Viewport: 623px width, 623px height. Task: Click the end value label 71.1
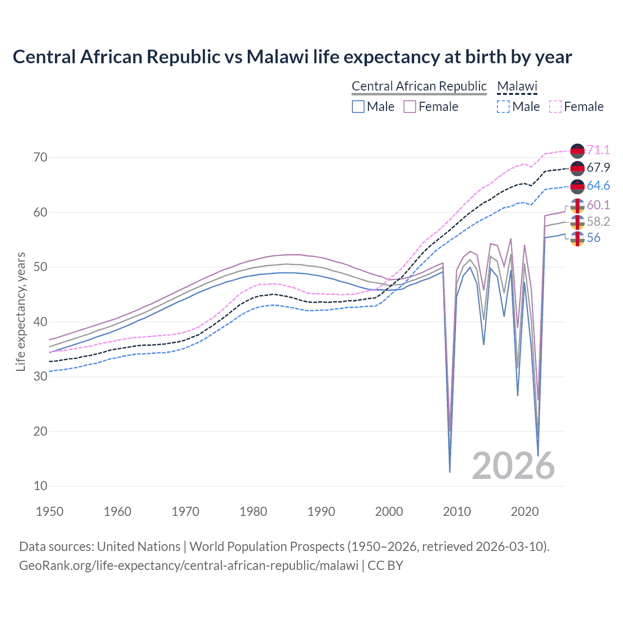[x=598, y=150]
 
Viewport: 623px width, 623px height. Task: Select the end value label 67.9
[x=598, y=168]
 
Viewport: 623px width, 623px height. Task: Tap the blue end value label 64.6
[x=598, y=186]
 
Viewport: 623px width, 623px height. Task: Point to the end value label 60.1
[x=598, y=205]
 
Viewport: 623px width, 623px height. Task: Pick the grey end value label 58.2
[x=598, y=222]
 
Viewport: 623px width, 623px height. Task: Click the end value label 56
[x=593, y=238]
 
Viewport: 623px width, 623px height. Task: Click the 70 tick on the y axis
[x=40, y=157]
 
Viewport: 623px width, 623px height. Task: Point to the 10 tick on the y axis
[x=40, y=486]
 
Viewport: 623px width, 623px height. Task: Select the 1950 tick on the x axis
[x=50, y=512]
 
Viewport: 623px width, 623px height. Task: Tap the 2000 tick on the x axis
[x=389, y=512]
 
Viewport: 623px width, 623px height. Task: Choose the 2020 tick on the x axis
[x=525, y=512]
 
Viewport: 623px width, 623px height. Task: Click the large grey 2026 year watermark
[x=513, y=466]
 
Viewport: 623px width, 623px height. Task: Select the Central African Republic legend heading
[x=419, y=86]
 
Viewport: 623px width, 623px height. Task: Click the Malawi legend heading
[x=517, y=86]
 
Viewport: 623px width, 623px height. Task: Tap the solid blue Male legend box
[x=358, y=107]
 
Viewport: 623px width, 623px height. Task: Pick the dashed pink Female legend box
[x=555, y=107]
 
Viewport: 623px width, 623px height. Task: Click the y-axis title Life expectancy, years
[x=20, y=311]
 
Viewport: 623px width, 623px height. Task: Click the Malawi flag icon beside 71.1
[x=577, y=151]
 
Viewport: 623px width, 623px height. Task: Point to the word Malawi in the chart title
[x=277, y=57]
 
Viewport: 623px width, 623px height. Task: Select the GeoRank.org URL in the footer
[x=188, y=566]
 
